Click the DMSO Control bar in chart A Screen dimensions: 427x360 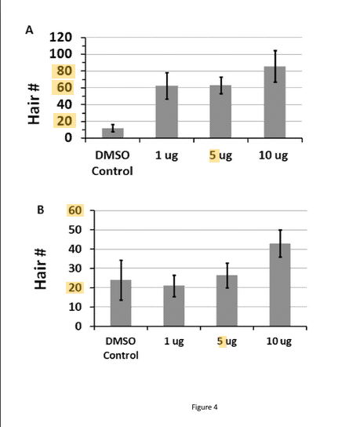[112, 133]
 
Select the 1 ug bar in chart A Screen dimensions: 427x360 [166, 112]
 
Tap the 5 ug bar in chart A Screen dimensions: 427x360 [220, 111]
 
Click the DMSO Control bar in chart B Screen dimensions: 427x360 [121, 303]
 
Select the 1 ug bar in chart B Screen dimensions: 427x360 [174, 306]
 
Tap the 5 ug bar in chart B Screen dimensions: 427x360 [227, 301]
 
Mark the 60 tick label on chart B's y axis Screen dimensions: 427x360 [75, 210]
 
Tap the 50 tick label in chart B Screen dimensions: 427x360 [75, 230]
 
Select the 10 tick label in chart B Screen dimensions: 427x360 [75, 307]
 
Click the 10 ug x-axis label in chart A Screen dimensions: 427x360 [273, 155]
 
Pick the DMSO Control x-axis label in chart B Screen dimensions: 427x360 [121, 348]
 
